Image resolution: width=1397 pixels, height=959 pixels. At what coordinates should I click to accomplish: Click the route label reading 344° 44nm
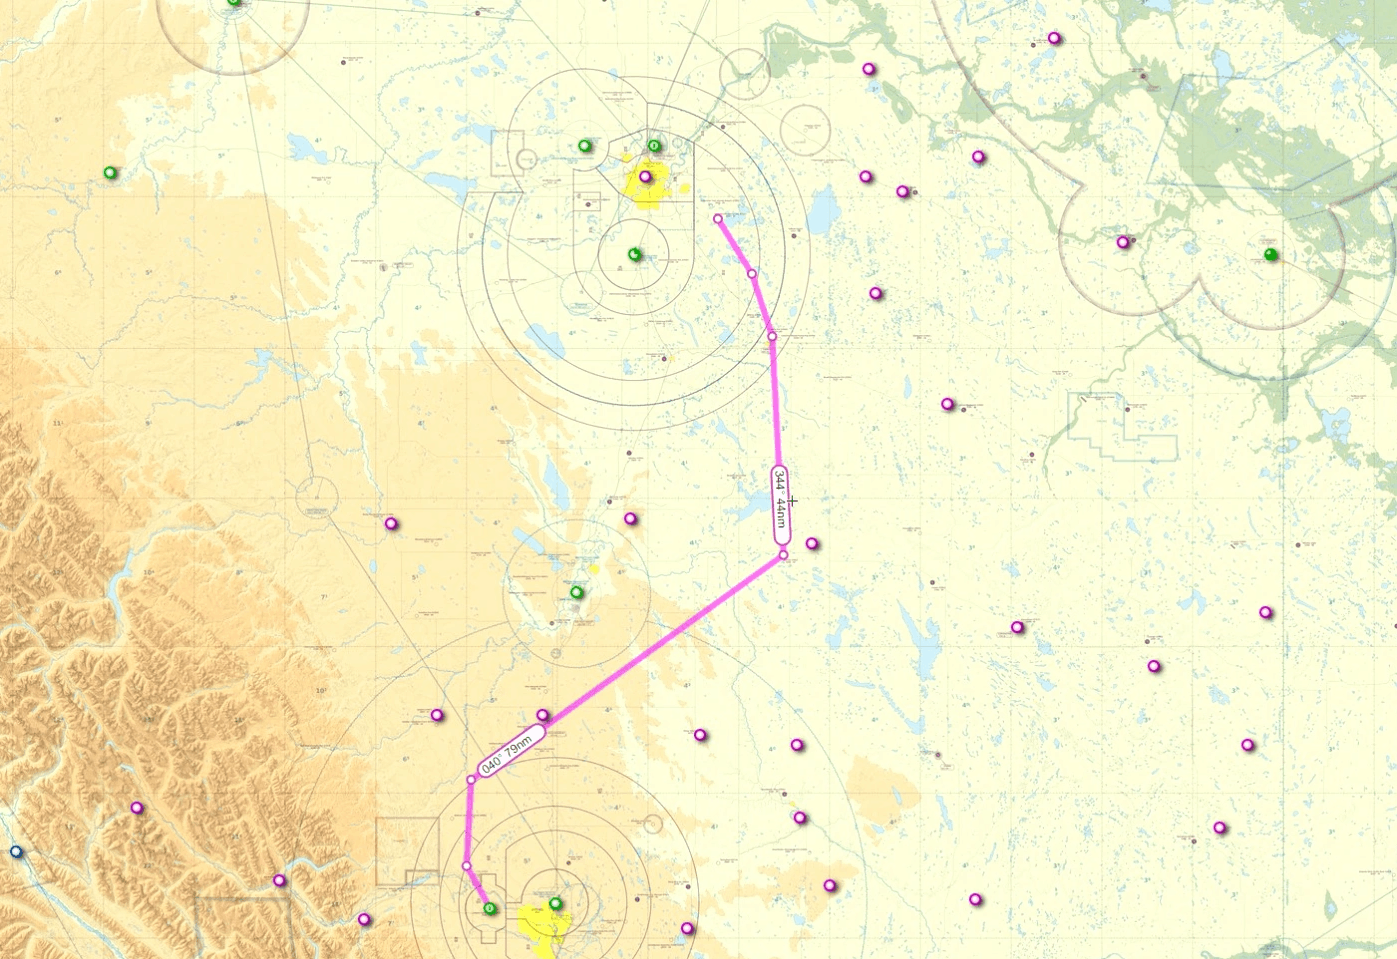point(781,505)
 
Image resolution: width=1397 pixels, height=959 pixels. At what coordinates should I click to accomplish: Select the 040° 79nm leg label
point(511,750)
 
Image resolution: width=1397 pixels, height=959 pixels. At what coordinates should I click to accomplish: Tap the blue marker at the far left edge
point(15,852)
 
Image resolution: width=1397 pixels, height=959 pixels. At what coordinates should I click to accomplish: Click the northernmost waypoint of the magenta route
point(718,218)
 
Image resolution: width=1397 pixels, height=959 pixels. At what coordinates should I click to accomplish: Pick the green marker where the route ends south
point(490,908)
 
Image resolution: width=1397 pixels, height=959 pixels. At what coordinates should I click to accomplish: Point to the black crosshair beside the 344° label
point(793,500)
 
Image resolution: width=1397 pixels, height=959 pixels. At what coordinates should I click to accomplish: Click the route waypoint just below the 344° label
point(783,554)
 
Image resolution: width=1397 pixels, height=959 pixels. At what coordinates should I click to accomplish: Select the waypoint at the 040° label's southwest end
point(471,779)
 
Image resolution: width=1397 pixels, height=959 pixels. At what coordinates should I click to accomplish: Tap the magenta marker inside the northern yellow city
point(645,177)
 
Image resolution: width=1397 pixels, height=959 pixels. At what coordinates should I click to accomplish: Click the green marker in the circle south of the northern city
point(634,254)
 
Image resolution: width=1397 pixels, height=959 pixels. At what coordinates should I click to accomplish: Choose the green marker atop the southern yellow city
point(556,904)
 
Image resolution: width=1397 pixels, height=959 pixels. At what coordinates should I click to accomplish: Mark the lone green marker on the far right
point(1270,254)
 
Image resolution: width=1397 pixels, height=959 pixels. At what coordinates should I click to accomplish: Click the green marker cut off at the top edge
point(234,3)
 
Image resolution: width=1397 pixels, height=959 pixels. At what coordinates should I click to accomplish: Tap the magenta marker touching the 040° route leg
point(543,715)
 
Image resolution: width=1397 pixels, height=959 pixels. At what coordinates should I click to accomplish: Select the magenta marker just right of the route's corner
point(812,544)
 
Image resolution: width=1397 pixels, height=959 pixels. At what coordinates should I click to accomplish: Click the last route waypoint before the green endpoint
point(466,865)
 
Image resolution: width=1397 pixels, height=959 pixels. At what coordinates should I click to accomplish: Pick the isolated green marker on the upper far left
point(110,172)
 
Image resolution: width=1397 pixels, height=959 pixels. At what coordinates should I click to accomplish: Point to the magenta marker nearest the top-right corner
point(1054,38)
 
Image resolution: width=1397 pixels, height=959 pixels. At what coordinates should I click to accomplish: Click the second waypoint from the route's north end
point(752,273)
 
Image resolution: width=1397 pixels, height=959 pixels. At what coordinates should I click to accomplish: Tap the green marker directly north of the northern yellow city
point(654,146)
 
